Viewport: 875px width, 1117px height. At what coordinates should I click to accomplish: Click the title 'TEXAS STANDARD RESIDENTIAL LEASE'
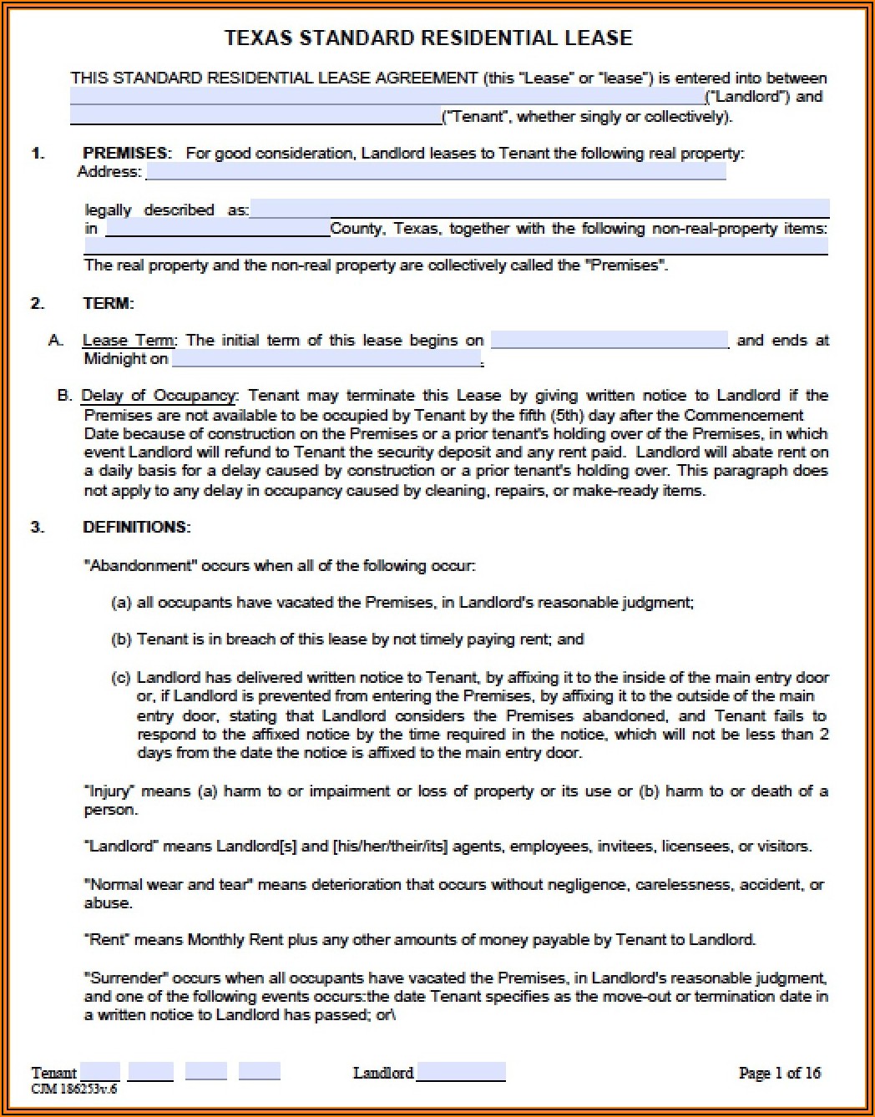click(x=428, y=38)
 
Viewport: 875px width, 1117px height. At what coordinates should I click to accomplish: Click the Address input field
click(x=435, y=172)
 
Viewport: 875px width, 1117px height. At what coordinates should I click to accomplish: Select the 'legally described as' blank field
click(x=539, y=209)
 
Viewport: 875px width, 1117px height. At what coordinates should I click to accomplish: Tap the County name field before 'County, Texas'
click(x=218, y=228)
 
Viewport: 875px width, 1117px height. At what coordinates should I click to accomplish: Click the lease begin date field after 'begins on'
click(x=609, y=340)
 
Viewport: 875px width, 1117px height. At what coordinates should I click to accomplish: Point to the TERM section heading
click(x=109, y=303)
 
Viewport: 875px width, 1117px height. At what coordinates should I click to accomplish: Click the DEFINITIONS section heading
click(x=137, y=527)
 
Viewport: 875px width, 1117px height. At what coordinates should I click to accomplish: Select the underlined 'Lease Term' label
click(x=129, y=340)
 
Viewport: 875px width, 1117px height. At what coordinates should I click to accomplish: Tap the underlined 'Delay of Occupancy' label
click(x=159, y=395)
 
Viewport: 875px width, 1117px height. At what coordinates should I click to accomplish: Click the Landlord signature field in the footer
click(x=461, y=1072)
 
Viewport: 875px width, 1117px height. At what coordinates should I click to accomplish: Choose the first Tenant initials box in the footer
click(x=100, y=1072)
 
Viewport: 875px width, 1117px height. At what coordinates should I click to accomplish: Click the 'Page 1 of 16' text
click(x=779, y=1073)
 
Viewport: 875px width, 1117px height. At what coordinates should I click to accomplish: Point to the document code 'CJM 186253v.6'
click(x=74, y=1089)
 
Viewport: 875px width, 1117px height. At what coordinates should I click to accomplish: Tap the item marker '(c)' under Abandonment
click(x=121, y=677)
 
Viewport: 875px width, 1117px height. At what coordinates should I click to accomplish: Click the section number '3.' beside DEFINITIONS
click(x=38, y=527)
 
